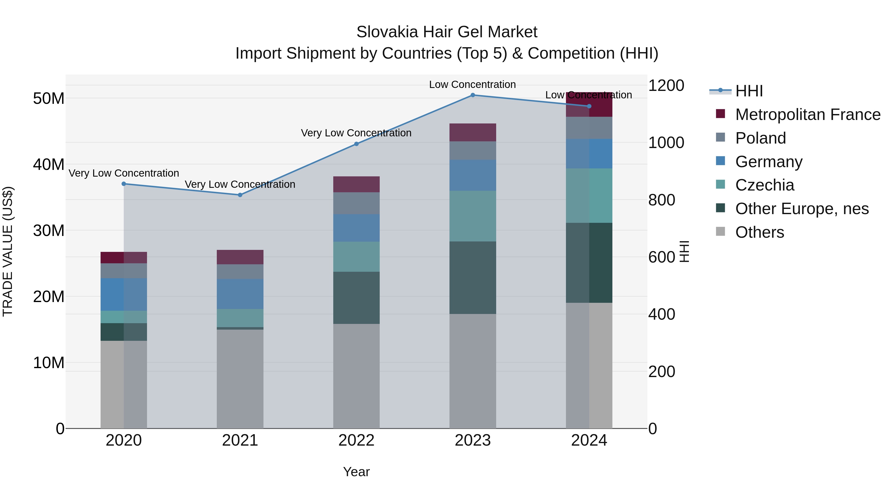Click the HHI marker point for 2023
473,95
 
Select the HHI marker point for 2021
240,195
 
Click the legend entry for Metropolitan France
808,115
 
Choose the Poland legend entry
760,138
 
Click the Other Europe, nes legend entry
802,209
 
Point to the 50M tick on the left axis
49,99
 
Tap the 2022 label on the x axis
356,440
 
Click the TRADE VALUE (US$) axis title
8,251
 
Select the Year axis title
356,472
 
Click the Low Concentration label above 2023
472,84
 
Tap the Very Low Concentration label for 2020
124,173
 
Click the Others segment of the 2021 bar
240,378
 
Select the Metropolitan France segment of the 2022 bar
356,184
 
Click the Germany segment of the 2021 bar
240,294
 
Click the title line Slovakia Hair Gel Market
447,32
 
